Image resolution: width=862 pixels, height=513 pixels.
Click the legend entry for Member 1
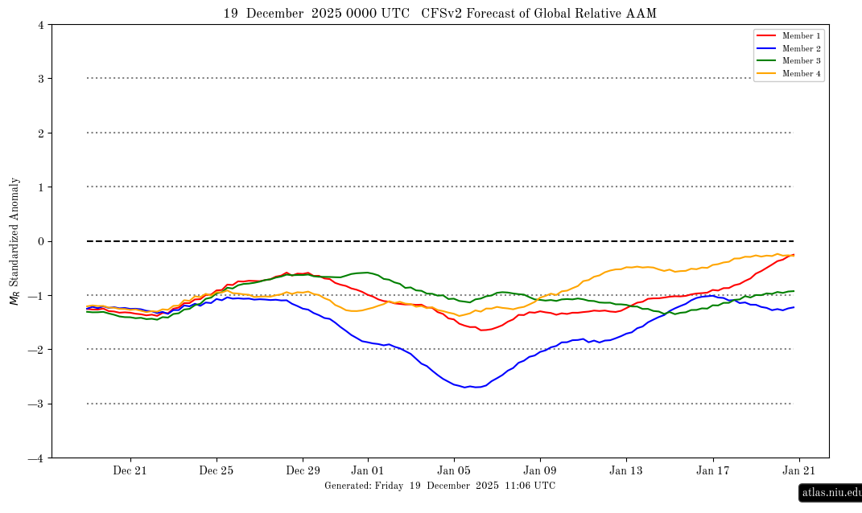click(x=801, y=36)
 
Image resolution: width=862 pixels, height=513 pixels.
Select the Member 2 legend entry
click(x=801, y=49)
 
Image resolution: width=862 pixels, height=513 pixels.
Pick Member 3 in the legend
click(x=801, y=61)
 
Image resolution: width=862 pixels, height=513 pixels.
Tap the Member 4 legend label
click(x=801, y=74)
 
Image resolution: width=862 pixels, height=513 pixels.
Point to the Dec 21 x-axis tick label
click(x=130, y=470)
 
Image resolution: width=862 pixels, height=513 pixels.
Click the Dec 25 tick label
click(x=217, y=470)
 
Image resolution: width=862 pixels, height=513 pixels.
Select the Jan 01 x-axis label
click(x=367, y=470)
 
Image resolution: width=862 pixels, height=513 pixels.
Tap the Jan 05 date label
click(x=454, y=470)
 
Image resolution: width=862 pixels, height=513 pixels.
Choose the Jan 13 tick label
click(x=627, y=470)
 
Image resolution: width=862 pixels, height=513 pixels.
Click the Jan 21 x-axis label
click(x=800, y=470)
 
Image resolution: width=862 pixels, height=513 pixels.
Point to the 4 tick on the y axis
click(x=40, y=25)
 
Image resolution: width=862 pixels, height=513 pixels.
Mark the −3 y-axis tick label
click(x=37, y=404)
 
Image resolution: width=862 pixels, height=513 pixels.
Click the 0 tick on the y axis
click(x=40, y=241)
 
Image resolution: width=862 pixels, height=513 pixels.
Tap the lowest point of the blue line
click(x=476, y=388)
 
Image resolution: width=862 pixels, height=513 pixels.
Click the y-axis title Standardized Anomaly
click(x=14, y=241)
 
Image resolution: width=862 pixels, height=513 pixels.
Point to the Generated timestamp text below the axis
click(x=439, y=486)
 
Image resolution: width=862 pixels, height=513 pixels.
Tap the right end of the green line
click(x=794, y=291)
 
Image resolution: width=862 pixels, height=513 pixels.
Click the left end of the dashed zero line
click(x=88, y=241)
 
